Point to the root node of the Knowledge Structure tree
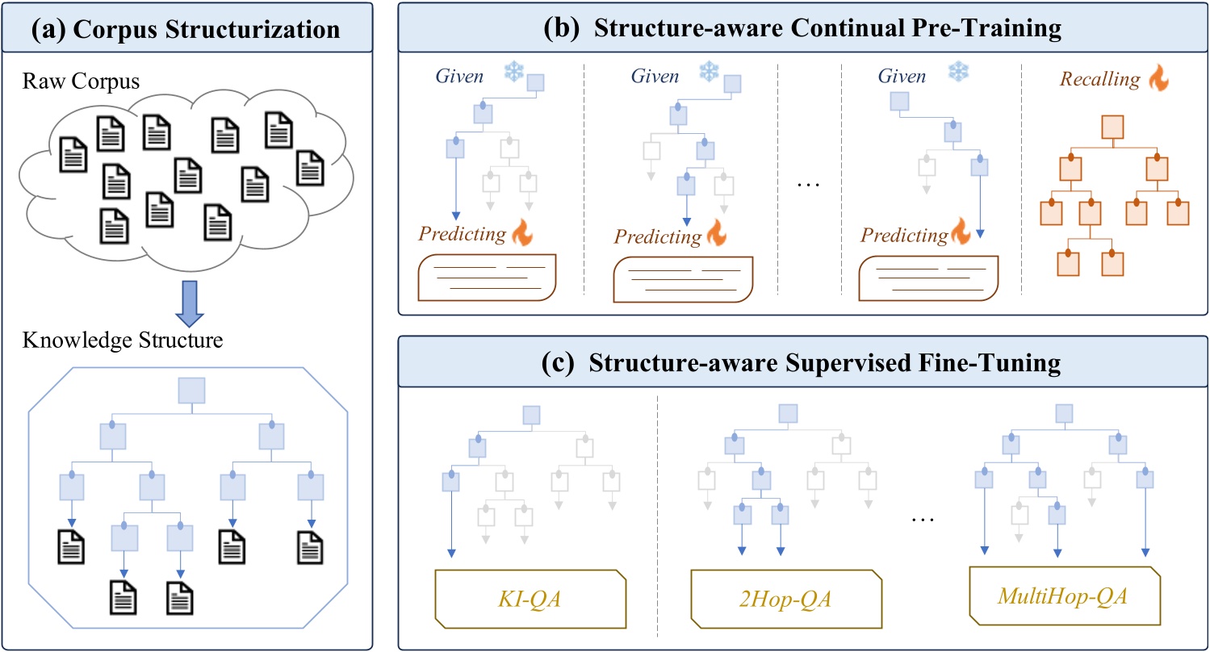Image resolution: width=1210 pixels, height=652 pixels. coord(191,391)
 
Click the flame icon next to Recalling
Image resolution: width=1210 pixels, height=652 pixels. coord(1158,78)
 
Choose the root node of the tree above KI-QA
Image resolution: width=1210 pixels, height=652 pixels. coord(531,415)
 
